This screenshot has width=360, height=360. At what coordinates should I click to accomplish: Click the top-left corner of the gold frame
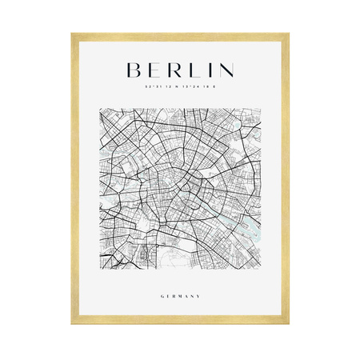[x=73, y=34]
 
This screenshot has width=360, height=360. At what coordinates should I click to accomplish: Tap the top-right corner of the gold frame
[x=287, y=34]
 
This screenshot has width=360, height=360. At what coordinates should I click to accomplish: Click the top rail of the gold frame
[x=180, y=35]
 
